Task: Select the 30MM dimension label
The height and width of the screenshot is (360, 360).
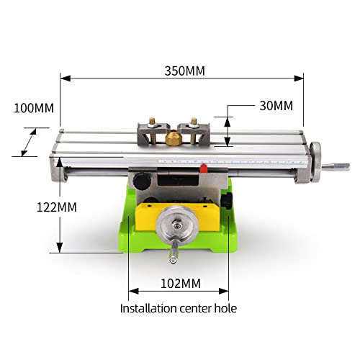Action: pyautogui.click(x=276, y=106)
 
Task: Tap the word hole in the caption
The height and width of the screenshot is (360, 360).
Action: pyautogui.click(x=225, y=308)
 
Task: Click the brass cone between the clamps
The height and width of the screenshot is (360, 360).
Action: pyautogui.click(x=173, y=137)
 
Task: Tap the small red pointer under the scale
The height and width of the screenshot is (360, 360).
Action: pyautogui.click(x=204, y=168)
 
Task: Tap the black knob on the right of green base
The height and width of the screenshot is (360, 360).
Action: pyautogui.click(x=230, y=202)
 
